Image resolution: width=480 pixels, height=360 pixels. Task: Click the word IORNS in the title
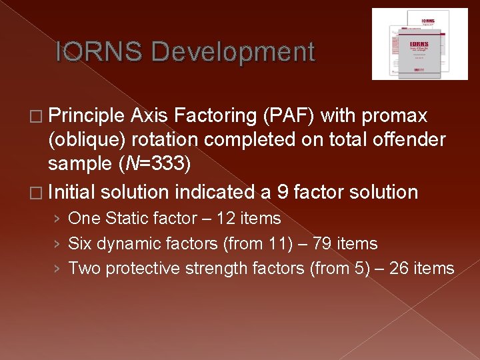tap(98, 52)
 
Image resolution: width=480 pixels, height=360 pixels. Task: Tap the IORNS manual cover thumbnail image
tap(419, 44)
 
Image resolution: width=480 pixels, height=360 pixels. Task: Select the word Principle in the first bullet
tap(86, 116)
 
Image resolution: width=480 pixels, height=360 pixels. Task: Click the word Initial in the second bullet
tap(69, 193)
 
